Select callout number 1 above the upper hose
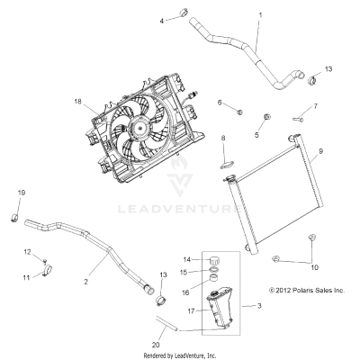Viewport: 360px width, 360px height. point(260,14)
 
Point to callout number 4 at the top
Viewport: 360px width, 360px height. point(163,19)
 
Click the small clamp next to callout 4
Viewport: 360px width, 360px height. point(180,16)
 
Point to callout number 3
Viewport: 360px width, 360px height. point(260,307)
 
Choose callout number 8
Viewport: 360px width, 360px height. point(222,138)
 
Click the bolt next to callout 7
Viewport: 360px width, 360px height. point(271,115)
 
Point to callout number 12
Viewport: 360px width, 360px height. point(27,251)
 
